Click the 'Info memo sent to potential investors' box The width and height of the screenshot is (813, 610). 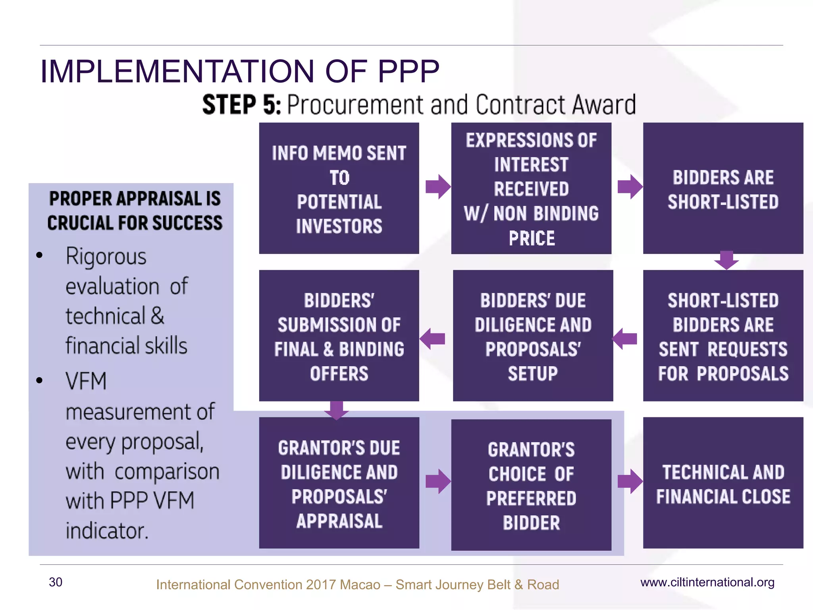coord(339,188)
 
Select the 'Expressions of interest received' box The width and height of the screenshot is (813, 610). coord(531,188)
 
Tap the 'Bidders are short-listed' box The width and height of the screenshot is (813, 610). coord(723,188)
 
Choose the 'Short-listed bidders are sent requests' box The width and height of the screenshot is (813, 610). coord(723,336)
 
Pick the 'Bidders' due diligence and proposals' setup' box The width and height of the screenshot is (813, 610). coord(533,336)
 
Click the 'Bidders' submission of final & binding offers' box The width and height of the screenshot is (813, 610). coord(339,336)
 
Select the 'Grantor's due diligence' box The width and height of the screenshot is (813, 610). coord(339,483)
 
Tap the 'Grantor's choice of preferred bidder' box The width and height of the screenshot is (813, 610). coord(531,485)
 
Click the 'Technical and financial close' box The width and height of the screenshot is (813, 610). coord(723,483)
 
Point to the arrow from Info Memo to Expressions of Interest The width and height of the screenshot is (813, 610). coord(437,187)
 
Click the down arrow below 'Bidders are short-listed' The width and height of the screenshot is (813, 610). coord(726,260)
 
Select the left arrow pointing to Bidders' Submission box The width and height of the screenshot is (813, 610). coord(432,339)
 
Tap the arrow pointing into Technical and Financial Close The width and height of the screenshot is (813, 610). coord(630,481)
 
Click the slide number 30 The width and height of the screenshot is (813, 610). coord(56,582)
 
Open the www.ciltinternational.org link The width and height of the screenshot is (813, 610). coord(707,582)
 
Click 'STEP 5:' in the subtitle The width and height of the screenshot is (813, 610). coord(242,105)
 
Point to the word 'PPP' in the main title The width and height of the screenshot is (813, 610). coord(408,71)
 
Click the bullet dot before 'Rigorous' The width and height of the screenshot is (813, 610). coord(39,255)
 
